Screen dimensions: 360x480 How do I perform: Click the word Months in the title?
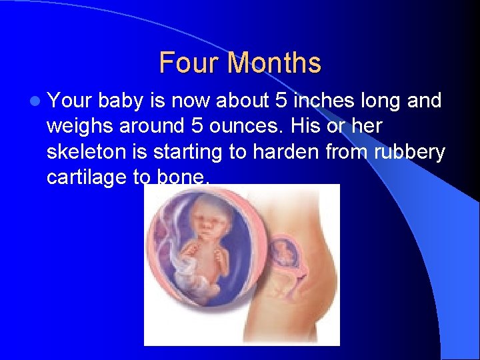click(x=274, y=63)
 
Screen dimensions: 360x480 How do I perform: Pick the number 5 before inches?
click(x=280, y=101)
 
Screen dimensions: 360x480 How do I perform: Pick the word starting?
click(x=188, y=152)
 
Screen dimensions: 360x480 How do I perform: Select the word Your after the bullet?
click(x=71, y=101)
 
